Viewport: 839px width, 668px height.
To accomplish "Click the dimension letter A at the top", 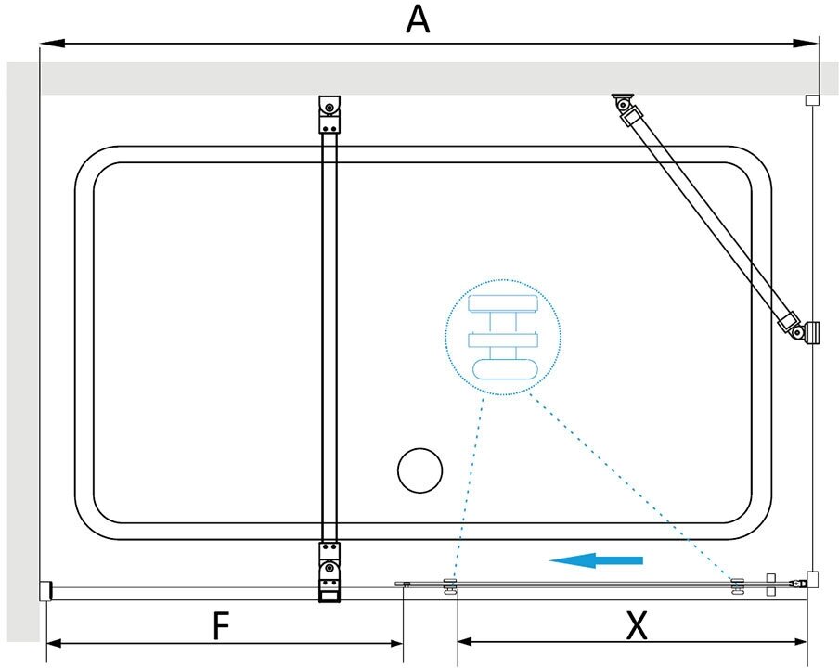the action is coord(419,19).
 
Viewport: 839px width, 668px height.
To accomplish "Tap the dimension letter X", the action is coord(637,627).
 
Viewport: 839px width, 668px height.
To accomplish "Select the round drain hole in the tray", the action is coord(420,470).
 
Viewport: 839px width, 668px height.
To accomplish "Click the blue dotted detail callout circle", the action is coord(504,338).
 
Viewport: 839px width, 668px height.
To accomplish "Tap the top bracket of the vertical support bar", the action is coord(329,115).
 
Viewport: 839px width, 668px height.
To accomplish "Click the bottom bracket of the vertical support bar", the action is coord(329,572).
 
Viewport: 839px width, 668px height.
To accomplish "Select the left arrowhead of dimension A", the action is coord(48,43).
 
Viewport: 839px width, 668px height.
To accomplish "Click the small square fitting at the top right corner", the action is coord(812,99).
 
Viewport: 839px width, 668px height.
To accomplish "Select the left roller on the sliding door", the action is coord(450,585).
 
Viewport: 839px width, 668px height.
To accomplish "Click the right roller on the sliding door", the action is coord(738,585).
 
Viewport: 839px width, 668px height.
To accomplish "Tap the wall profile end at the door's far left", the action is coord(45,590).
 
